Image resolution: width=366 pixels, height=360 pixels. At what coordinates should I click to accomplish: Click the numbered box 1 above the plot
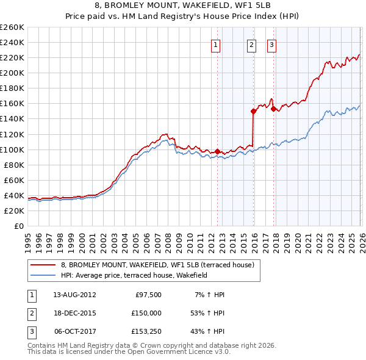[x=217, y=44]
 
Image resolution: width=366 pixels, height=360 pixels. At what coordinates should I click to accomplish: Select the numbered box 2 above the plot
[x=251, y=44]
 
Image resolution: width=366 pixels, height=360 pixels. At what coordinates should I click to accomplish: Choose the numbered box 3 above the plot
[x=271, y=44]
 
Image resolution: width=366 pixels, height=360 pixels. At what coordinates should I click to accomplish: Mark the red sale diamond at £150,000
[x=253, y=111]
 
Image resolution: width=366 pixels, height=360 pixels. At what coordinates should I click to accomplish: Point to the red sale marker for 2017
[x=273, y=109]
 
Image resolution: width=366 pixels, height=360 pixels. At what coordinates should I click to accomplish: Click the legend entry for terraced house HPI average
[x=134, y=275]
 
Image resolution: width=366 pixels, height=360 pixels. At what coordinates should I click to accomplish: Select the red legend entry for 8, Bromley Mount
[x=161, y=265]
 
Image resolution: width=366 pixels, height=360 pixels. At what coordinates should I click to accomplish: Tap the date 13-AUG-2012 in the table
[x=74, y=295]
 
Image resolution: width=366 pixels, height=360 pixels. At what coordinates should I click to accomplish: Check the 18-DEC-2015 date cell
[x=74, y=313]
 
